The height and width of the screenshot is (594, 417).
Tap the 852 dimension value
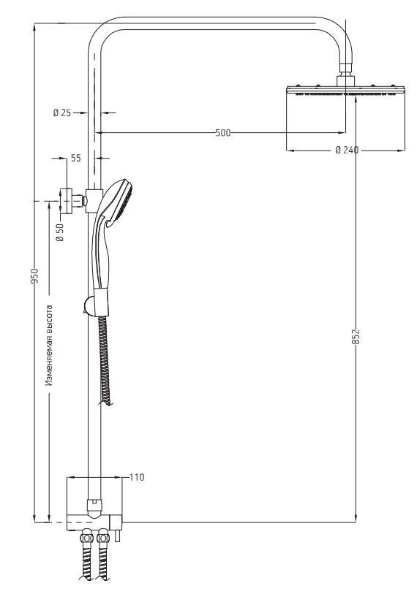[x=356, y=336]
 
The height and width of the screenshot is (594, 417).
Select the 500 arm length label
[x=222, y=133]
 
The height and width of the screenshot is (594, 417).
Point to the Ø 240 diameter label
[x=347, y=150]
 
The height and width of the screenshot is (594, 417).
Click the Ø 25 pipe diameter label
[x=62, y=113]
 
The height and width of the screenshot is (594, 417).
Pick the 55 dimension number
[x=76, y=158]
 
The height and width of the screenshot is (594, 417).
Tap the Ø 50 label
[x=59, y=232]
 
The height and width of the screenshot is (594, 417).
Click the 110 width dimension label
[x=137, y=477]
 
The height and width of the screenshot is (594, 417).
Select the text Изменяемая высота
[x=49, y=345]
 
